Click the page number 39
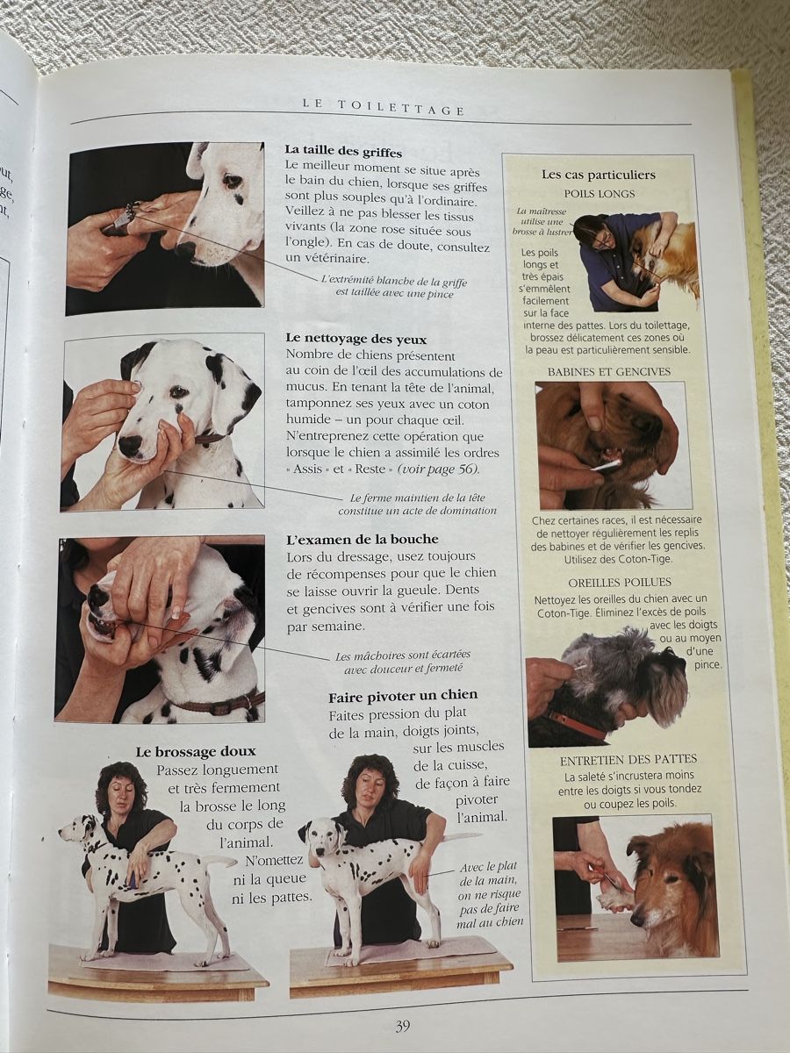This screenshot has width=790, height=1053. pos(402,1023)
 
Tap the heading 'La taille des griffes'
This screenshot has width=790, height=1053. pos(343,152)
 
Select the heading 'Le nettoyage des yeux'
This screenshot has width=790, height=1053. pos(356,339)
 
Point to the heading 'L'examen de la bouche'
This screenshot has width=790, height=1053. pos(363,539)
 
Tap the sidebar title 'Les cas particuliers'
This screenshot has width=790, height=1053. pos(598,175)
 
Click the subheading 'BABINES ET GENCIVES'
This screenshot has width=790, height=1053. pos(609,372)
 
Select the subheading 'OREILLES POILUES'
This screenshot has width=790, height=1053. pos(620,583)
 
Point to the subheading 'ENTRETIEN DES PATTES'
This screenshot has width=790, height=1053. pos(628,759)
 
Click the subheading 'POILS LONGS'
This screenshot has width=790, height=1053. pos(600,194)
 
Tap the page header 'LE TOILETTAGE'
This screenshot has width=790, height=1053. pos(384,107)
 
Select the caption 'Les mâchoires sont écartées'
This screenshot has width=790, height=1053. pos(402,655)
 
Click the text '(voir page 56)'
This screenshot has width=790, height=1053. pos(438,469)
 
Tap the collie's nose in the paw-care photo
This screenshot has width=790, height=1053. pos(637,918)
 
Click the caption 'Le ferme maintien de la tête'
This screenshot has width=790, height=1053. pos(417,498)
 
